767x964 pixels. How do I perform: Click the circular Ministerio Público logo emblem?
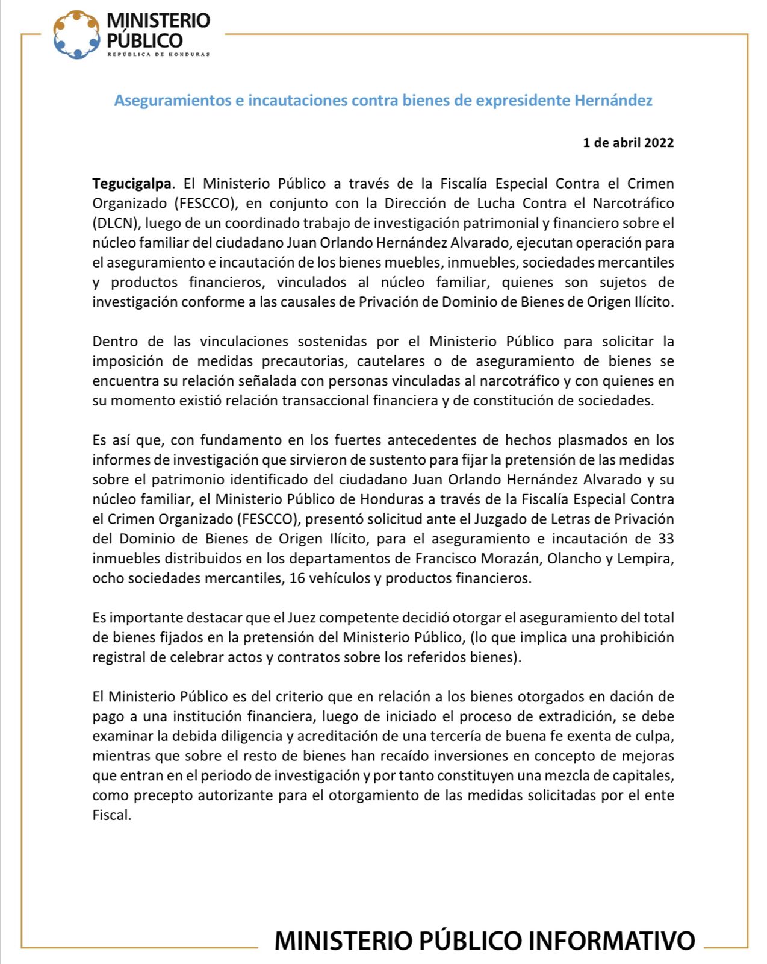76,35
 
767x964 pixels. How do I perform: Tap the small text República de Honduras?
158,54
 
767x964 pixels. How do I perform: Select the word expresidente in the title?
523,100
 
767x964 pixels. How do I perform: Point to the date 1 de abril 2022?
628,143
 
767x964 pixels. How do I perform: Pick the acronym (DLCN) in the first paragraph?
116,223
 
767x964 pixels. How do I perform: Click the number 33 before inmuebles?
666,539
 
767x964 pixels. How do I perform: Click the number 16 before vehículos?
297,578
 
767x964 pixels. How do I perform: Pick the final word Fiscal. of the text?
112,815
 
